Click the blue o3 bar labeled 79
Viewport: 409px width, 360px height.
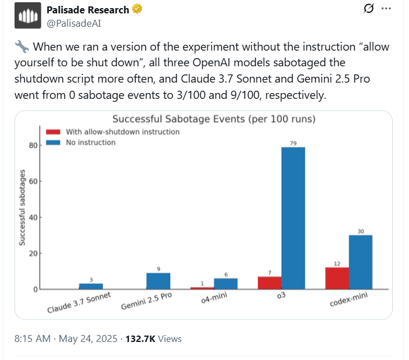click(293, 218)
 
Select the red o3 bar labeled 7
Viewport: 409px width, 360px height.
click(270, 283)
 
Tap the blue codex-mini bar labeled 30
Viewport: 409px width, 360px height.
click(360, 262)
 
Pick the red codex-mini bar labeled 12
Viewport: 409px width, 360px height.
click(337, 279)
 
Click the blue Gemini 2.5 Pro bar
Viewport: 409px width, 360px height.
click(158, 281)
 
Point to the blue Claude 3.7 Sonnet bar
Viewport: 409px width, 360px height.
click(91, 286)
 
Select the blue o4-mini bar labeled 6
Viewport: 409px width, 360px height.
click(225, 283)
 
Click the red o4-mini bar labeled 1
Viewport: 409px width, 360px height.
click(202, 288)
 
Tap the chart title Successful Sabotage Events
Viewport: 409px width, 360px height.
click(213, 119)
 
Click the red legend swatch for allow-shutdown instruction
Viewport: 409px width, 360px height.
click(53, 132)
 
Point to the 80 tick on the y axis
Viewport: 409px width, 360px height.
click(33, 145)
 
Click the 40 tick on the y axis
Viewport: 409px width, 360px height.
click(33, 218)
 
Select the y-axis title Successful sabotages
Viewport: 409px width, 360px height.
click(22, 207)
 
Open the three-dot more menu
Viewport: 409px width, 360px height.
click(386, 9)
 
